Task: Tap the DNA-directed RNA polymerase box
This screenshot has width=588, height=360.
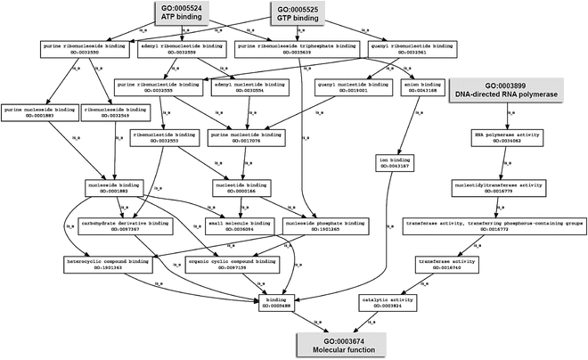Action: (x=509, y=91)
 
